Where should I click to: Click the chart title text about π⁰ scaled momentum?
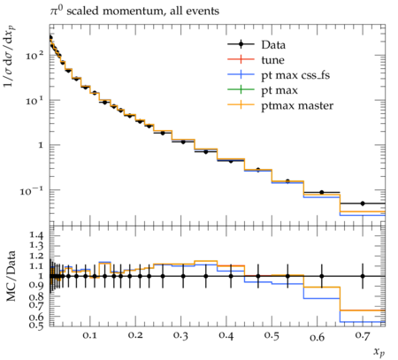point(134,11)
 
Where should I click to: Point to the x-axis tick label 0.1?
point(89,335)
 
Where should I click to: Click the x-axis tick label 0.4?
point(226,335)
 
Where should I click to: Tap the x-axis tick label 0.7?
point(363,335)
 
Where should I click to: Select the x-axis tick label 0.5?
point(272,335)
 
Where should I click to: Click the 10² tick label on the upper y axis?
point(34,55)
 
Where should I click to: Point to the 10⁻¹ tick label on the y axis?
point(32,191)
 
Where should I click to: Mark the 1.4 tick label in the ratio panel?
point(36,235)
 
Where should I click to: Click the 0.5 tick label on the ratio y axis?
point(36,326)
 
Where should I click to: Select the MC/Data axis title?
point(11,276)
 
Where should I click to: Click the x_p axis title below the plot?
point(379,352)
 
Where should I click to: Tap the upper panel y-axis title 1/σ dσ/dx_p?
point(10,57)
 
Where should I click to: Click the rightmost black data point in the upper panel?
point(363,203)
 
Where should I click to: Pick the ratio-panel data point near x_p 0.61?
point(322,276)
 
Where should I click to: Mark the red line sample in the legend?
point(241,59)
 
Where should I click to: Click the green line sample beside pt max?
point(241,89)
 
